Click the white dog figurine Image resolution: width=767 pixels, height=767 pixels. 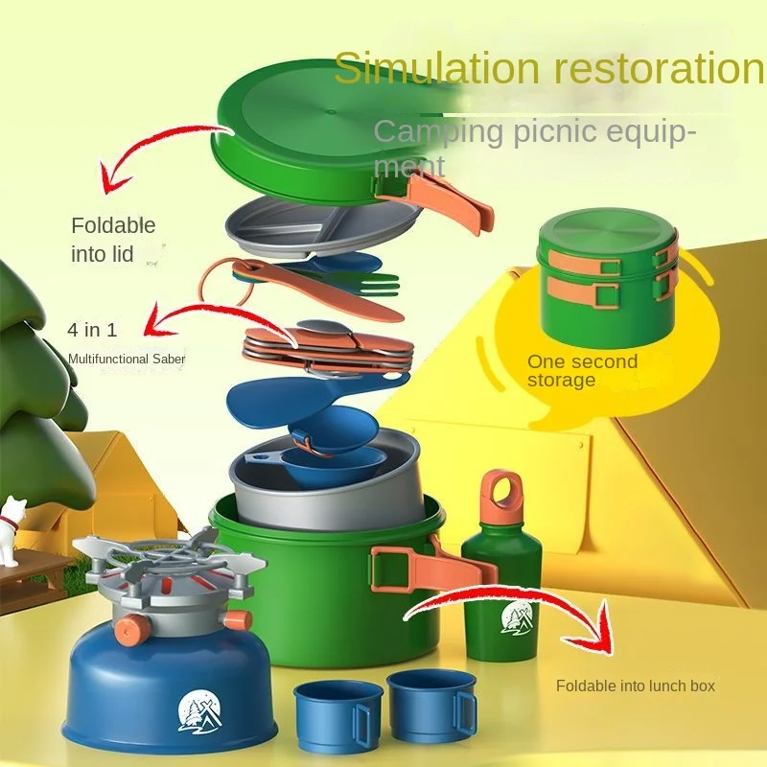point(12,524)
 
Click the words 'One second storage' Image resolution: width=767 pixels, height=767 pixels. point(581,371)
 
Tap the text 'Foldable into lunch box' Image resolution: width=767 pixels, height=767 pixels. point(636,686)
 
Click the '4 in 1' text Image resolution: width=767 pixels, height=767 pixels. point(92,331)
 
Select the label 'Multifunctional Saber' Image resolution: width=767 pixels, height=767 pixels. point(127,359)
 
